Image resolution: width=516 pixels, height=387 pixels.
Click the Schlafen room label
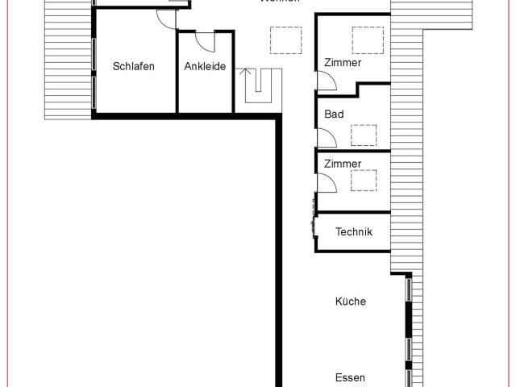pyautogui.click(x=134, y=67)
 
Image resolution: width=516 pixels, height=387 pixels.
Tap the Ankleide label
pyautogui.click(x=205, y=67)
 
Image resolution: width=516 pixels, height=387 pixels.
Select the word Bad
pyautogui.click(x=334, y=114)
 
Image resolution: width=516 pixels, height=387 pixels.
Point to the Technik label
pyautogui.click(x=353, y=233)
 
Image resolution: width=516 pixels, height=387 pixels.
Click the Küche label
pyautogui.click(x=351, y=302)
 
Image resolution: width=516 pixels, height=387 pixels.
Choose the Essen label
pyautogui.click(x=351, y=377)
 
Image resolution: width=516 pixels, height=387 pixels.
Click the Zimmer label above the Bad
pyautogui.click(x=343, y=63)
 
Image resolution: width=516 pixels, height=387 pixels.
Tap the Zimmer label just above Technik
pyautogui.click(x=343, y=164)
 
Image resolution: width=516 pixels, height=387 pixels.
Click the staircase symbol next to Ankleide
pyautogui.click(x=260, y=87)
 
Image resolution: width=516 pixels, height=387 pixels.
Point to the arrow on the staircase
pyautogui.click(x=245, y=77)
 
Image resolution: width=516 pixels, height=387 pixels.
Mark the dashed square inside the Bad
pyautogui.click(x=365, y=135)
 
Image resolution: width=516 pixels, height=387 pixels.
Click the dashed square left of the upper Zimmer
pyautogui.click(x=283, y=40)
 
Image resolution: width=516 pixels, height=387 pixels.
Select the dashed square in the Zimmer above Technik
pyautogui.click(x=364, y=180)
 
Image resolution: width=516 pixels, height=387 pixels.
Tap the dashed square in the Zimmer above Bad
pyautogui.click(x=368, y=40)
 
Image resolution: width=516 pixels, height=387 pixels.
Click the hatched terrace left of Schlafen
pyautogui.click(x=68, y=60)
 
